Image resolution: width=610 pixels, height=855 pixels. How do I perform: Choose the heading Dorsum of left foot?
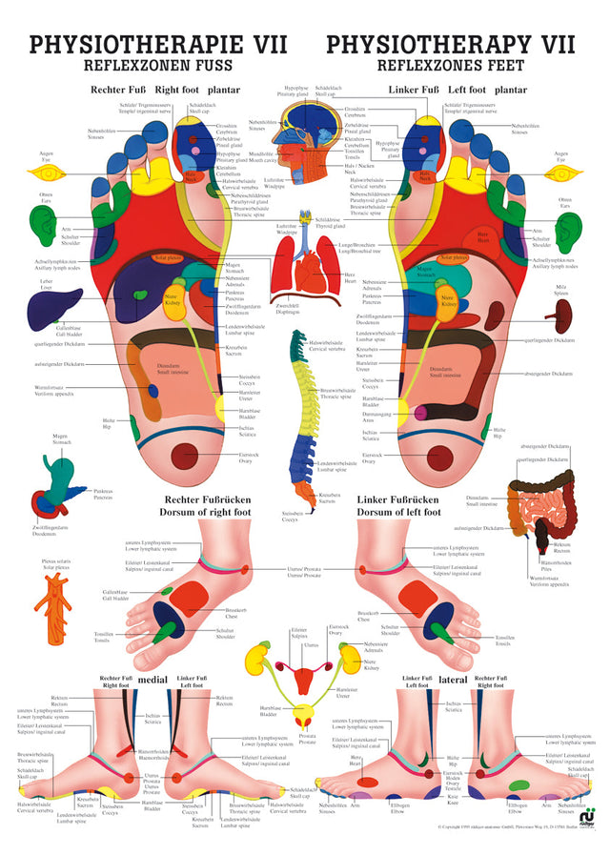coord(398,511)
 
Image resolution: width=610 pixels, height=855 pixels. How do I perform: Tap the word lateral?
coord(452,680)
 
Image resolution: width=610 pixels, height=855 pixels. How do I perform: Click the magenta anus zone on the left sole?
coord(419,412)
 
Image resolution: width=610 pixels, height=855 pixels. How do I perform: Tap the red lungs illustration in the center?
coord(305,270)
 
